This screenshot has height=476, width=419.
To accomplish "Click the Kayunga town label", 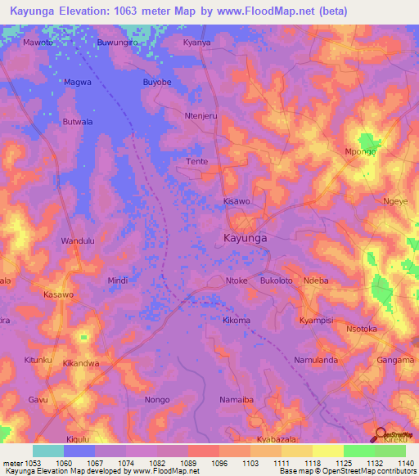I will pyautogui.click(x=246, y=238).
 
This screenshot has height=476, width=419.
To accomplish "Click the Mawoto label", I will pyautogui.click(x=38, y=42).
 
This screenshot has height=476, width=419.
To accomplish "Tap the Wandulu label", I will pyautogui.click(x=79, y=241).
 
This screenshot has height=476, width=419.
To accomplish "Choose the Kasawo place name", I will pyautogui.click(x=57, y=294).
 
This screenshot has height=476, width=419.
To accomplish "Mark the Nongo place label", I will pyautogui.click(x=157, y=400).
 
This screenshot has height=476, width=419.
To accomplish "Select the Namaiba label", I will pyautogui.click(x=237, y=400).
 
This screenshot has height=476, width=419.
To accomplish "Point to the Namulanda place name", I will pyautogui.click(x=316, y=361).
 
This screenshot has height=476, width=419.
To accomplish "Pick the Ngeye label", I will pyautogui.click(x=395, y=200).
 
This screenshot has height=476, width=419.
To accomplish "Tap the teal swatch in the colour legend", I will pyautogui.click(x=48, y=451).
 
